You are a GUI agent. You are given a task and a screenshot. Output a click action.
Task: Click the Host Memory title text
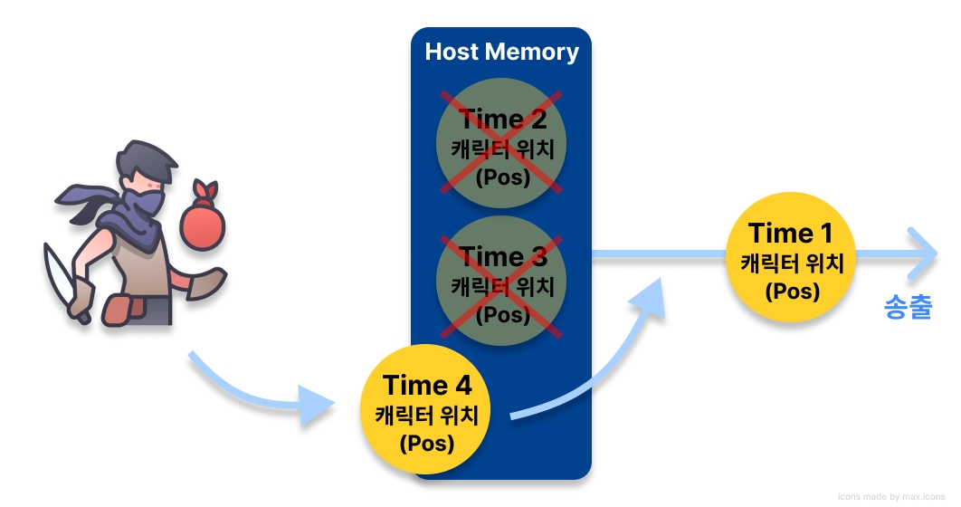click(x=501, y=52)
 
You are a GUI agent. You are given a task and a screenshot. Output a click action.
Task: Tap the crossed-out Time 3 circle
click(x=501, y=280)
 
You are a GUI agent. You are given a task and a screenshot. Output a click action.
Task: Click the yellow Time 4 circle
click(x=426, y=412)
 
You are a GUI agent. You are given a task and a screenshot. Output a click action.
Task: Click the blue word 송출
click(x=908, y=309)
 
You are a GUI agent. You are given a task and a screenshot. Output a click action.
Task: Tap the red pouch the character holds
click(x=202, y=222)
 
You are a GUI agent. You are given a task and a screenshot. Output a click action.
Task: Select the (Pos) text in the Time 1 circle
click(x=792, y=292)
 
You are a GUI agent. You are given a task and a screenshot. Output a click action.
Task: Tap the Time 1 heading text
click(x=792, y=234)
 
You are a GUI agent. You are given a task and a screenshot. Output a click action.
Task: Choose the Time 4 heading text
click(x=426, y=385)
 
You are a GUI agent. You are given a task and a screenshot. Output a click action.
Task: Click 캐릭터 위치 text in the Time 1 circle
click(x=792, y=263)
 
